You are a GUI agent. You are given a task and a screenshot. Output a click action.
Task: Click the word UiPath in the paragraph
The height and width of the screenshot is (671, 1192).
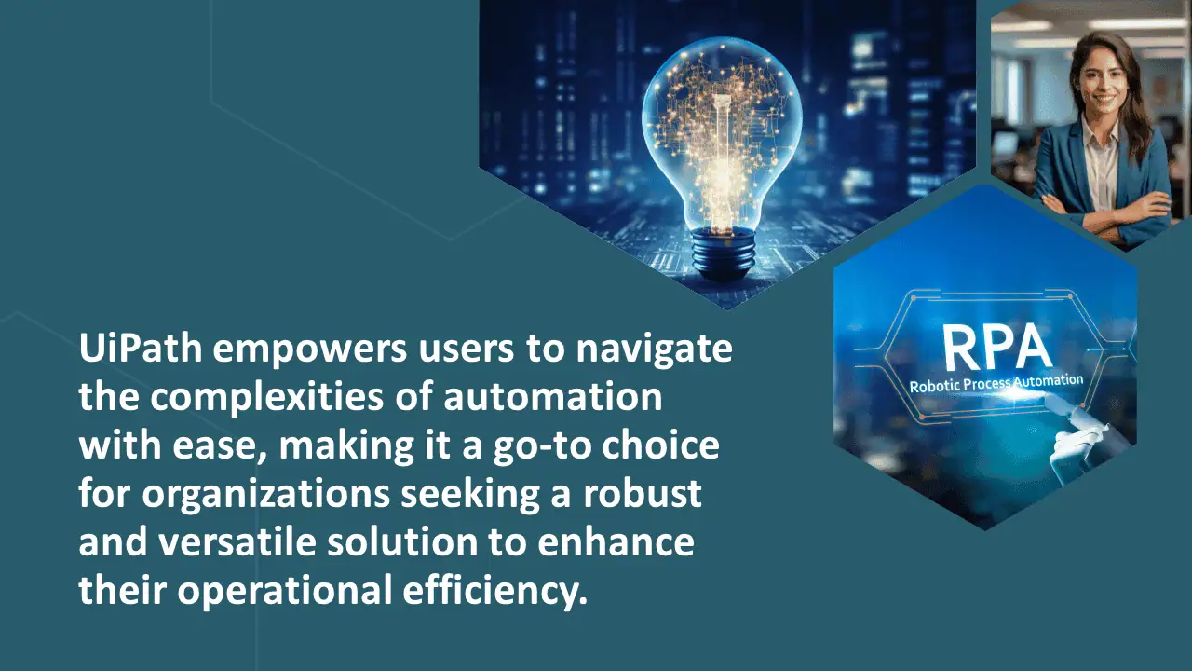coord(141,349)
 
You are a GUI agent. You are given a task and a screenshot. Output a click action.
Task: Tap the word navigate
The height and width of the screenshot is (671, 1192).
coord(654,351)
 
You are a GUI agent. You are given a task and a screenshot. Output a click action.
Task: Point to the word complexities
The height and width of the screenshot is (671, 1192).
coord(266,400)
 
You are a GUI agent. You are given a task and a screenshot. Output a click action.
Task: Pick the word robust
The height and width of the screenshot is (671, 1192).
coord(643,493)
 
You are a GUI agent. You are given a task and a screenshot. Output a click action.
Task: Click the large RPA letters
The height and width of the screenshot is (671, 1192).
coord(996,348)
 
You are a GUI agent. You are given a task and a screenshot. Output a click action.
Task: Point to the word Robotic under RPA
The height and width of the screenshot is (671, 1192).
coord(934,386)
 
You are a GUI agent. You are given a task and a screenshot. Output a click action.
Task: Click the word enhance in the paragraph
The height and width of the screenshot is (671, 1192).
coord(616,541)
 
